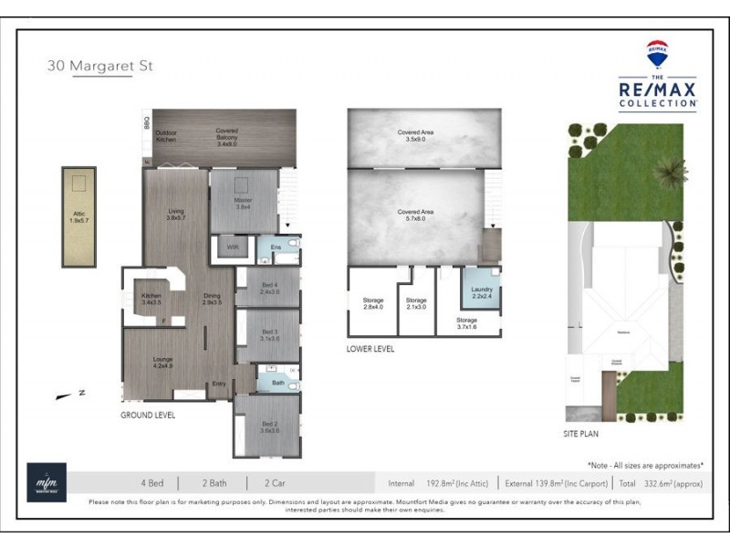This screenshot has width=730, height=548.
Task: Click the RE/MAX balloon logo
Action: pyautogui.click(x=657, y=54)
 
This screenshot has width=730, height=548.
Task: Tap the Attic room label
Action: pyautogui.click(x=79, y=217)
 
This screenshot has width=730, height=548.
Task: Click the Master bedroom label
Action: pyautogui.click(x=243, y=203)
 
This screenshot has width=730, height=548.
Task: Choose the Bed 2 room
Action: pyautogui.click(x=269, y=427)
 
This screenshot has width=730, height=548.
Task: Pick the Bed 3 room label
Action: pyautogui.click(x=269, y=334)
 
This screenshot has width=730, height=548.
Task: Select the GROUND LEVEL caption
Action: pyautogui.click(x=148, y=415)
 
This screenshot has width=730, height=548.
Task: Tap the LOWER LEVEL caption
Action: pyautogui.click(x=370, y=348)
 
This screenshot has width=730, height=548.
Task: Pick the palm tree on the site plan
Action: pyautogui.click(x=673, y=171)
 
